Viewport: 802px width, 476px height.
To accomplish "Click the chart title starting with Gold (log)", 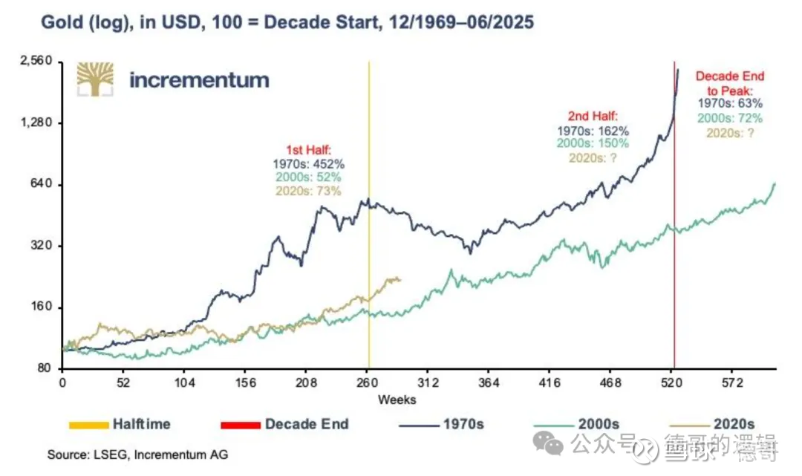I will [287, 23].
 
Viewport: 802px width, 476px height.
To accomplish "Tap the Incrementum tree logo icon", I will [97, 79].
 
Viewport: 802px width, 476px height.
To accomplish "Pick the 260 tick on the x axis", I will [368, 383].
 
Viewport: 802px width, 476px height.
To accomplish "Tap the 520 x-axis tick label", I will [674, 383].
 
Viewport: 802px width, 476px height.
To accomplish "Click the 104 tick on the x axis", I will [185, 383].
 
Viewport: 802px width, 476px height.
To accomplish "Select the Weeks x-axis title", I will [397, 400].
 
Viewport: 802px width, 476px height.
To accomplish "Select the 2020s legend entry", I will [734, 424].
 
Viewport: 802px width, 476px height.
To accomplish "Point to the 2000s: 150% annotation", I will [593, 143].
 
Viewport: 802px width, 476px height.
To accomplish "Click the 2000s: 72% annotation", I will [730, 117].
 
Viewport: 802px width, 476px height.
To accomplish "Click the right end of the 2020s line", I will [400, 279].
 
